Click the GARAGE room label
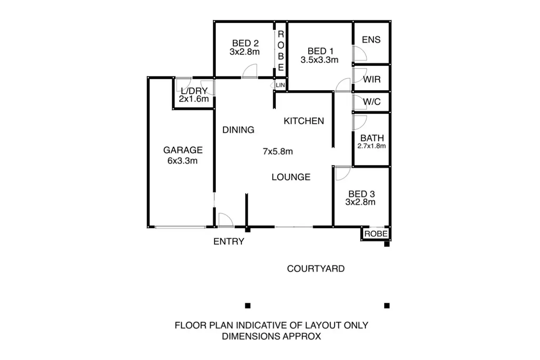tap(183, 150)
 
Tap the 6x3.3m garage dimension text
tap(182, 161)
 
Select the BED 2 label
tap(245, 43)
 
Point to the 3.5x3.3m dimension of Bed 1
tap(320, 60)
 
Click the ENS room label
tap(371, 40)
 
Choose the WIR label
tap(372, 79)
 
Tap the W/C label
tap(372, 102)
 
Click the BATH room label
tap(372, 138)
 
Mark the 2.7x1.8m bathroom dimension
tap(372, 146)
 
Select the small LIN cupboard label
tap(280, 85)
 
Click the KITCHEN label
tap(304, 121)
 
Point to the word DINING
tap(238, 130)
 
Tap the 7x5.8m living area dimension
tap(278, 151)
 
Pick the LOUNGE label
tap(291, 177)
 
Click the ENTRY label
tap(229, 242)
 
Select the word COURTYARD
tap(316, 269)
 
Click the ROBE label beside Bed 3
tap(376, 234)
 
